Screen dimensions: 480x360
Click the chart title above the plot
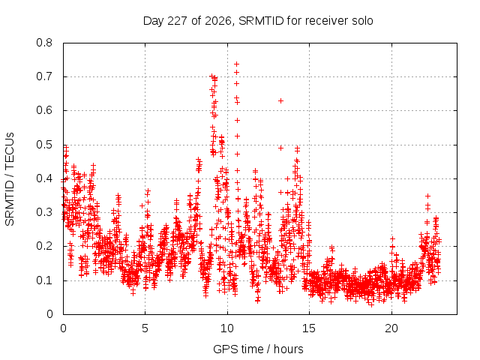click(x=258, y=21)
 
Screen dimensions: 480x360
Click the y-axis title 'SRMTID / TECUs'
click(x=10, y=179)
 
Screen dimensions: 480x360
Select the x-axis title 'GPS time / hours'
click(x=258, y=349)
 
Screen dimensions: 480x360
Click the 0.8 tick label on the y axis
click(x=44, y=43)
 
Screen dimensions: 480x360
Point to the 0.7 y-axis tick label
click(x=44, y=76)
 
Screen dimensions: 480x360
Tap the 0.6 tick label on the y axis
click(x=44, y=110)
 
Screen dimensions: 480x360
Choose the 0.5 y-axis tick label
click(x=44, y=145)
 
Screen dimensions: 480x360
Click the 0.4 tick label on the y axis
click(x=44, y=178)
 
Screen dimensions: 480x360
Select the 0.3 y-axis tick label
click(x=44, y=212)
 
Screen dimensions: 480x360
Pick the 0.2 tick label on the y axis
click(x=44, y=247)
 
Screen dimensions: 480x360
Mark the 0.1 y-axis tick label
click(x=44, y=280)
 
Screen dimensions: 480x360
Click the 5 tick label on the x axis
click(x=145, y=328)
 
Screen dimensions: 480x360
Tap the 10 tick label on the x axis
click(x=227, y=328)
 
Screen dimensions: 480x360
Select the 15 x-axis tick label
click(x=309, y=328)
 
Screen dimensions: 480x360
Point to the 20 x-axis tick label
click(x=391, y=328)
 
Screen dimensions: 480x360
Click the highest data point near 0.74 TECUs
click(x=236, y=64)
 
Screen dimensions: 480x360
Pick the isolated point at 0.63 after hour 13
click(x=280, y=100)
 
